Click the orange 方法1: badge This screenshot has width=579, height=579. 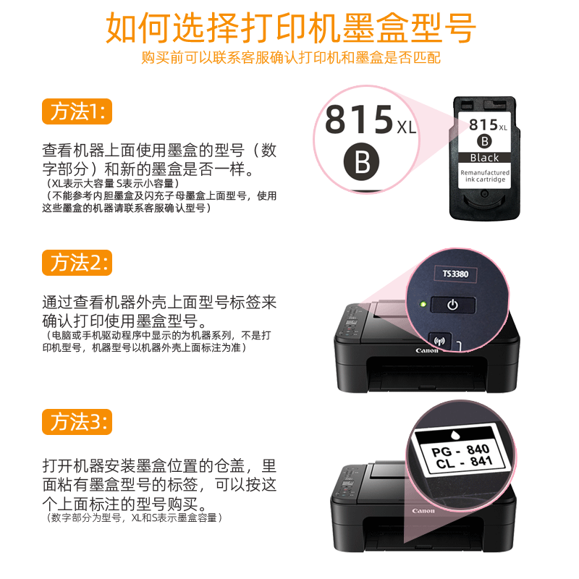[77, 111]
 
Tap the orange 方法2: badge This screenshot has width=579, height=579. [77, 262]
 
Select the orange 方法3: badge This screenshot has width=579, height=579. [77, 421]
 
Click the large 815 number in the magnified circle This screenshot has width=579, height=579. [358, 121]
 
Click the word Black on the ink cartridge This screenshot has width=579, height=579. [484, 158]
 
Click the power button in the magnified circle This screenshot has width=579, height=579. [452, 305]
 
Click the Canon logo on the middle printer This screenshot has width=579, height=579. [426, 350]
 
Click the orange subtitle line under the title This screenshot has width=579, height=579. [289, 57]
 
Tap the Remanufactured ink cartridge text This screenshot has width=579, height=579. [485, 176]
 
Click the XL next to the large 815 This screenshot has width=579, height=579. [407, 128]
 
